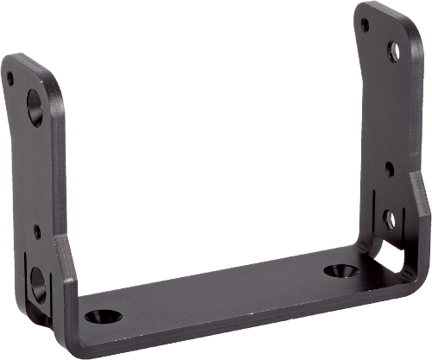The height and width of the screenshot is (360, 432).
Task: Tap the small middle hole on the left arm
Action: [36, 231]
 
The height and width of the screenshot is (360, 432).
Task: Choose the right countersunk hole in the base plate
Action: [337, 270]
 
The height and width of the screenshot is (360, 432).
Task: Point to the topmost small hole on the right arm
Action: [365, 24]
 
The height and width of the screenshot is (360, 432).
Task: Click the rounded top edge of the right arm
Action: [380, 7]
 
